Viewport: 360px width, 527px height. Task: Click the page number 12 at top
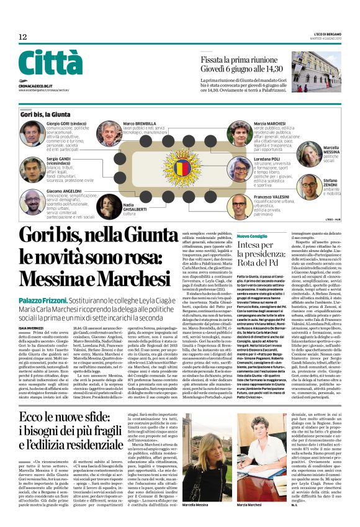point(23,37)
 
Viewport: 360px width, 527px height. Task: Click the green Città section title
point(50,63)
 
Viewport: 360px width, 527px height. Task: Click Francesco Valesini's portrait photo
point(239,204)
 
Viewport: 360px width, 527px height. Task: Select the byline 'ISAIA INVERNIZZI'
point(31,310)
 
